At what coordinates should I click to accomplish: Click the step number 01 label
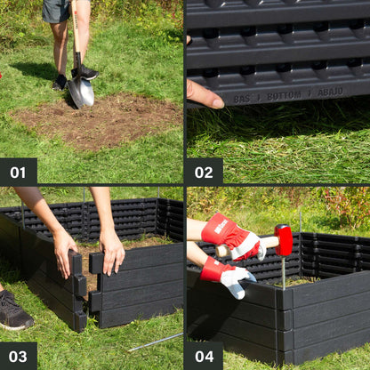coord(18,172)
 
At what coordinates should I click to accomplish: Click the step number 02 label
coord(204,172)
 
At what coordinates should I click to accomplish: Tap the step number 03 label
coord(18,356)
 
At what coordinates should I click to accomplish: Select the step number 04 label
coord(204,356)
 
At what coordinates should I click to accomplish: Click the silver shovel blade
coord(81,92)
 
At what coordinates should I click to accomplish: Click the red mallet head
coord(284,240)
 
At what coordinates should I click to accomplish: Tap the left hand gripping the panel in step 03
coord(64,251)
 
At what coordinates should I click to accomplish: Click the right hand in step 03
coord(112,252)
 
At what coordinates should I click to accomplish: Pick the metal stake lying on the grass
coord(155,342)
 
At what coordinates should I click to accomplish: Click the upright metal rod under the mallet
coord(284,271)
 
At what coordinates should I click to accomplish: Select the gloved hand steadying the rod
coord(229,277)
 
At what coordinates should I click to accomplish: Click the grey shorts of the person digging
coord(56,11)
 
